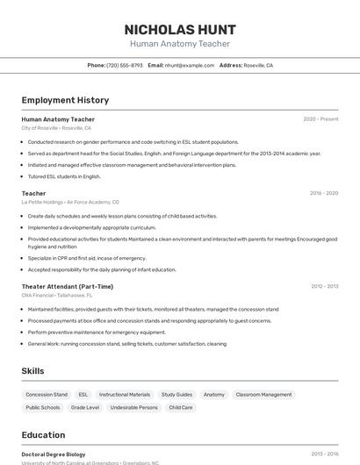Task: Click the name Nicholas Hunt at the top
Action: (x=179, y=29)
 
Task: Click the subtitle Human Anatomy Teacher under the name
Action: (x=179, y=44)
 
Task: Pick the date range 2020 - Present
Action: (x=320, y=119)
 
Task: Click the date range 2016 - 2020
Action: (x=323, y=193)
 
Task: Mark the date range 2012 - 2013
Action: (x=324, y=286)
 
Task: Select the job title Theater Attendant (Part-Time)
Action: (x=68, y=286)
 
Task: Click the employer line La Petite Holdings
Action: (x=70, y=203)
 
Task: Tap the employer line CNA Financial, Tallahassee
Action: (x=63, y=296)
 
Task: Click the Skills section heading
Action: (x=32, y=371)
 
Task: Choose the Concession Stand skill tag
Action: (x=47, y=395)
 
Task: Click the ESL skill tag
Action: (x=83, y=395)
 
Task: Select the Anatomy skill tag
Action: (x=214, y=395)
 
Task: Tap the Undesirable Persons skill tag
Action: (x=134, y=407)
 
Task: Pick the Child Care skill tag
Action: (x=181, y=407)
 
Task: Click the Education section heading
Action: (x=43, y=435)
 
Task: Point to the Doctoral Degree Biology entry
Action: (x=54, y=454)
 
